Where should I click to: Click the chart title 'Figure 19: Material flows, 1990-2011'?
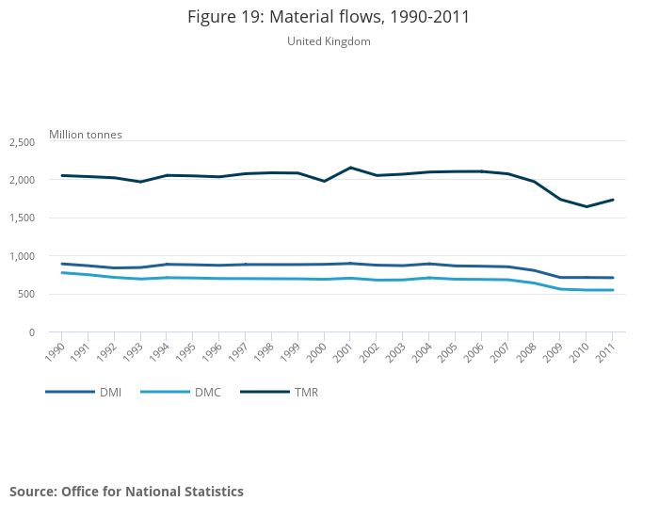click(x=329, y=17)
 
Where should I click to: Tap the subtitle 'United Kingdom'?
click(x=329, y=41)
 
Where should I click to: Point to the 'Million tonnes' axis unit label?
click(x=86, y=135)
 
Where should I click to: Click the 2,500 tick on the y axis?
click(x=23, y=142)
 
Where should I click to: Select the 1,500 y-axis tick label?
click(x=23, y=218)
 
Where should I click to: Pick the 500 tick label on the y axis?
click(x=26, y=295)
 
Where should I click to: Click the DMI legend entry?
click(x=83, y=392)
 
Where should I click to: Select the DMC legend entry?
click(x=183, y=392)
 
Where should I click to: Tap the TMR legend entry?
click(x=280, y=392)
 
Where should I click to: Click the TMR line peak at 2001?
click(x=351, y=168)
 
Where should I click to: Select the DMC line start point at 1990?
click(x=62, y=273)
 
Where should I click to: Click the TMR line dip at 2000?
click(x=325, y=181)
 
